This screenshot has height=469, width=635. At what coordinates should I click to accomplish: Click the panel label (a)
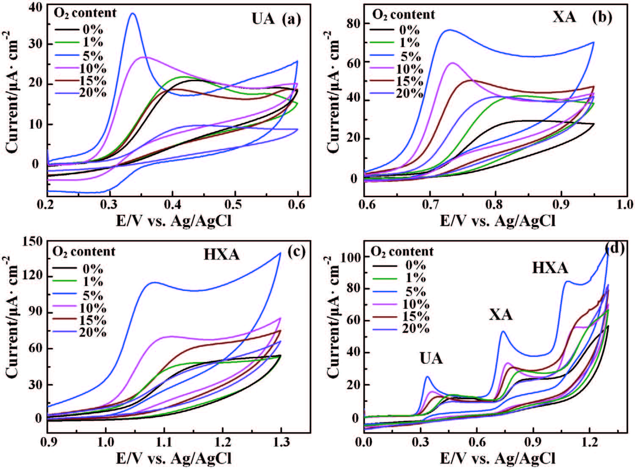[291, 19]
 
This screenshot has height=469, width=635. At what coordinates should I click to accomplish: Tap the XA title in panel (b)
[564, 16]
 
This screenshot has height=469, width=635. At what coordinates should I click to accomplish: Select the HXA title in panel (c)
[221, 254]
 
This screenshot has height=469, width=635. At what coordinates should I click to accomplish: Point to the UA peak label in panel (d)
[431, 358]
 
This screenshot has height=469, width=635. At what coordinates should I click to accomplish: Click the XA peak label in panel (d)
[501, 315]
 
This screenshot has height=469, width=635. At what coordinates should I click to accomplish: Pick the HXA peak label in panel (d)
[550, 268]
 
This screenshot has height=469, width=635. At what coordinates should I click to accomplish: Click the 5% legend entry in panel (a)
[92, 55]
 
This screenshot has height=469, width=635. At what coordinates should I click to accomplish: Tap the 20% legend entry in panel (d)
[415, 329]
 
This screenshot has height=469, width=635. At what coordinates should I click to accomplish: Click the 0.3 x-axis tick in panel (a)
[110, 204]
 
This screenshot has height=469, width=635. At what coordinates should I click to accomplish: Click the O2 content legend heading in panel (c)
[84, 252]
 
